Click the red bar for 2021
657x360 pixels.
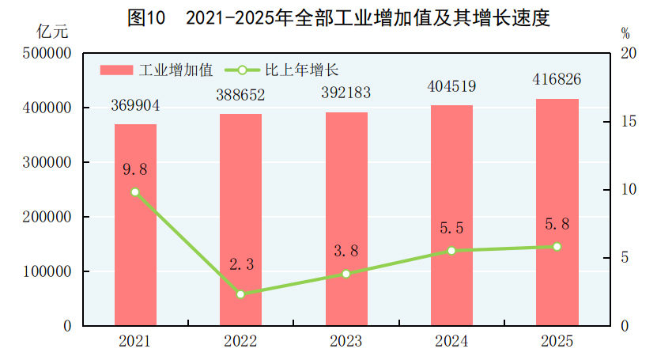135,225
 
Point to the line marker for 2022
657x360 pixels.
241,294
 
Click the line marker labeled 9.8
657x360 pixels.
135,192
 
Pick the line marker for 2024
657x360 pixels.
451,251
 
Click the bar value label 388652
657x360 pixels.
240,95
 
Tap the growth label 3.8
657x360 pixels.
346,252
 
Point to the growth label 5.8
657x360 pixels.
557,225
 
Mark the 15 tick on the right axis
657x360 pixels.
629,122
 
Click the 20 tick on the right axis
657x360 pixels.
629,53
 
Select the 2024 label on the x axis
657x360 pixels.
451,342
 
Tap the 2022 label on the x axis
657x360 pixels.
240,342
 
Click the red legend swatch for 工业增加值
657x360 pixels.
115,70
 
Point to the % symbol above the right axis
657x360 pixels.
625,33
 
